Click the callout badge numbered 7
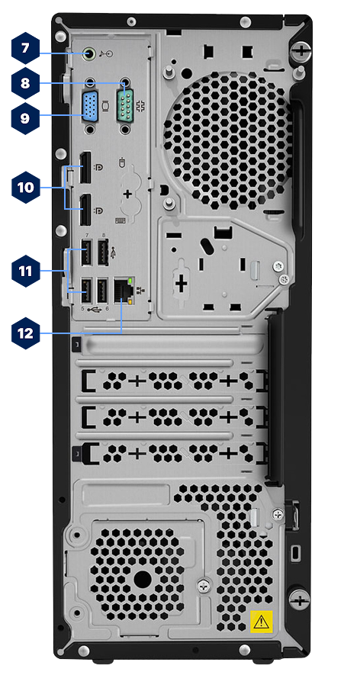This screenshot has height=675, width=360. [25, 48]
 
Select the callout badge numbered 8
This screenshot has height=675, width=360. [25, 82]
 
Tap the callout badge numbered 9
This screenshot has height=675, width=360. [25, 118]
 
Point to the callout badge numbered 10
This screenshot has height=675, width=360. [25, 188]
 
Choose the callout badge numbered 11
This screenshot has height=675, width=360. [25, 272]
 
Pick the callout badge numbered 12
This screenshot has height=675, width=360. [25, 333]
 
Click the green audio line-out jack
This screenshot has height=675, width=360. [89, 54]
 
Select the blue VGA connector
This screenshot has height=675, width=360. [90, 104]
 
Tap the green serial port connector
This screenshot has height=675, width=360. [125, 104]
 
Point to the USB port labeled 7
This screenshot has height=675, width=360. [86, 252]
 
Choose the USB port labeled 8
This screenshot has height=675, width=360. [102, 252]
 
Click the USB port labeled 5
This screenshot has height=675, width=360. [86, 291]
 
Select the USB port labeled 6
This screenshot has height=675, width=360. [102, 291]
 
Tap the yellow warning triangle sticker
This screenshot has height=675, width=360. [262, 622]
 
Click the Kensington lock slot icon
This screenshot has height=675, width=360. [295, 553]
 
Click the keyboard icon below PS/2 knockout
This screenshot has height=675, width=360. [121, 220]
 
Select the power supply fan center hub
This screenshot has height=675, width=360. [142, 580]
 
